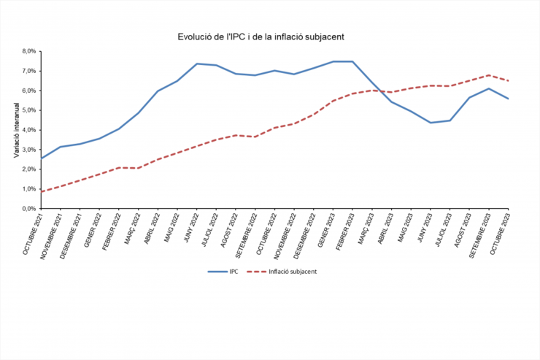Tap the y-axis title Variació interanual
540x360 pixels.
pos(16,130)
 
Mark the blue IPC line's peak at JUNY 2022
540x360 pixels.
pos(197,64)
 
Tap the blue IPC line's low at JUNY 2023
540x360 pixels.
pos(431,123)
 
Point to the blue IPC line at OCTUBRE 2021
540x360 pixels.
pos(42,158)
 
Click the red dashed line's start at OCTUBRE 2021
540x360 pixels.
pos(42,191)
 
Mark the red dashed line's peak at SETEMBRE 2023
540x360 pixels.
pos(489,75)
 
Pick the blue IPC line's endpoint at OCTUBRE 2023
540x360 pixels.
pos(508,99)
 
